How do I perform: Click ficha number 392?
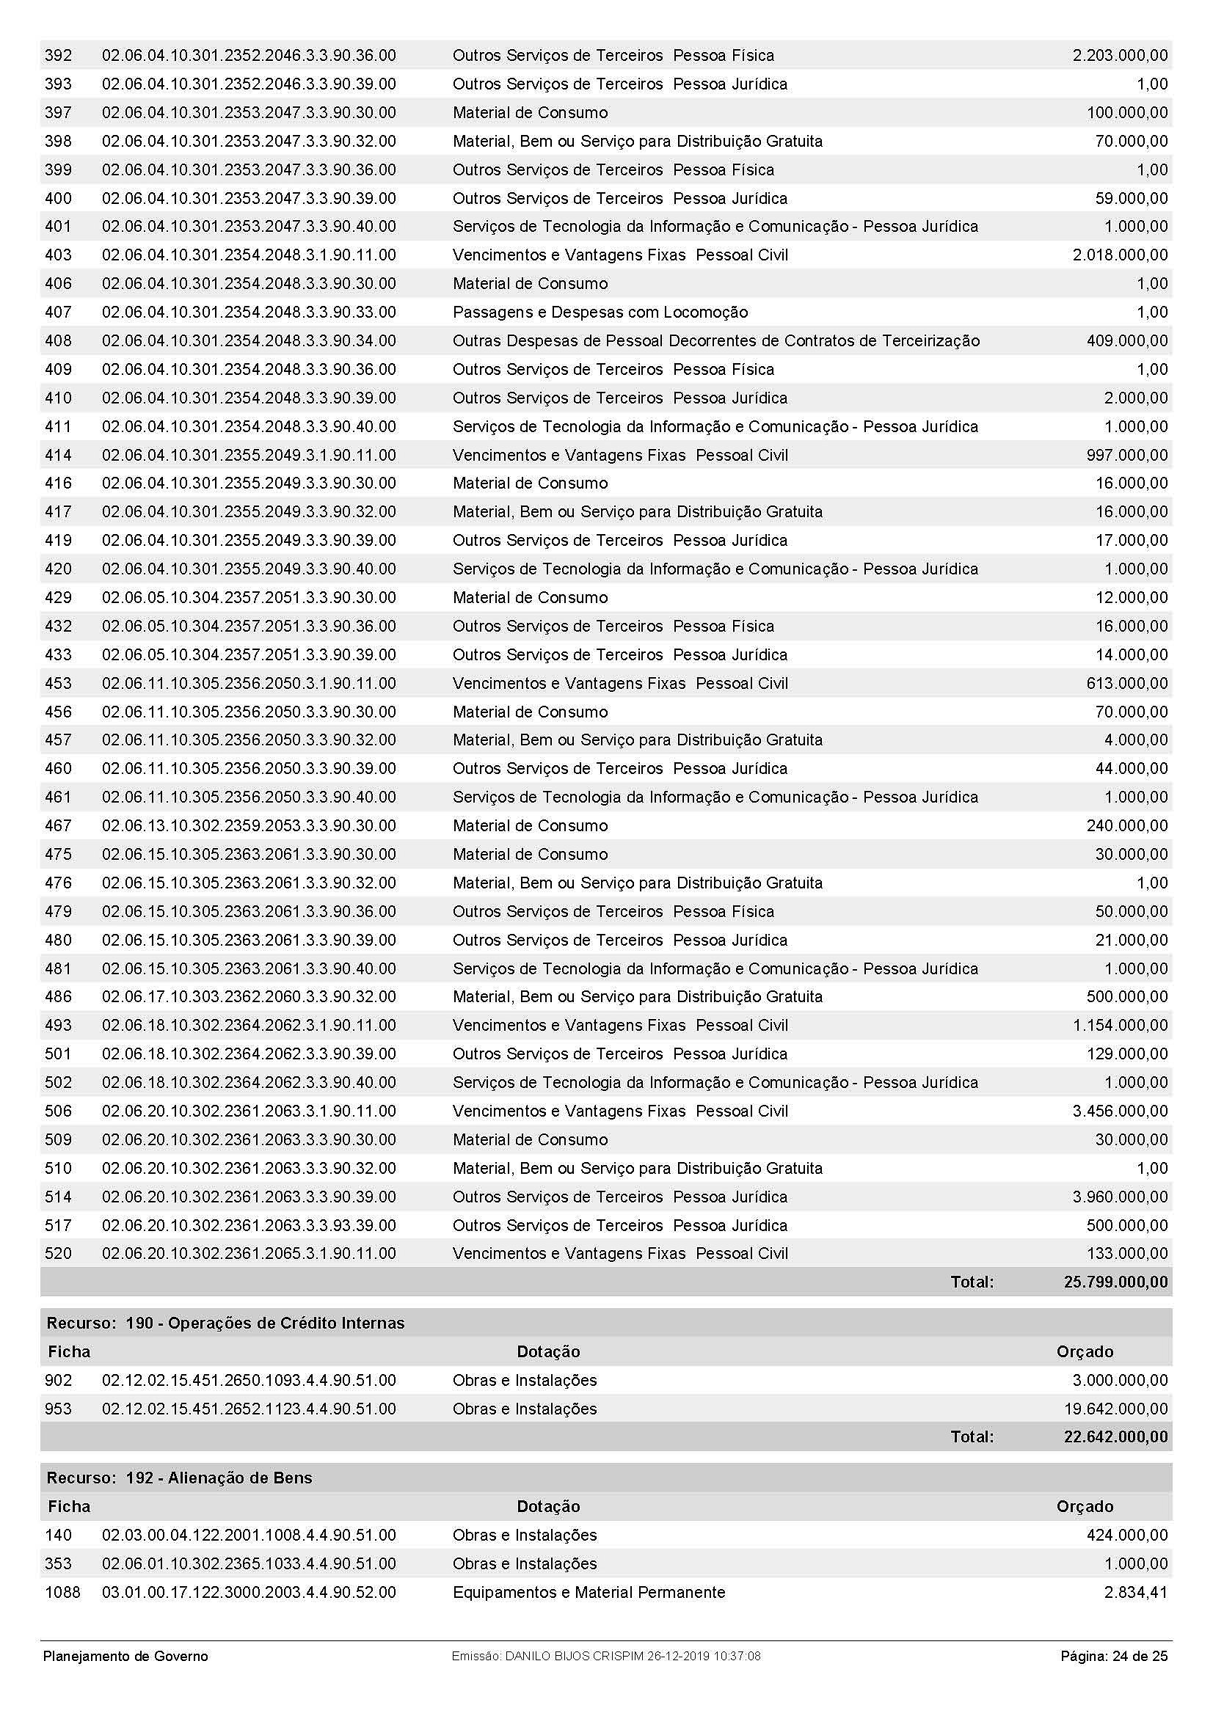[x=58, y=55]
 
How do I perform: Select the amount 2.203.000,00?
[x=1120, y=55]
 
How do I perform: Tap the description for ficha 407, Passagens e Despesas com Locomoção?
[x=600, y=313]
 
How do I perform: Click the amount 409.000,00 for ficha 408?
[x=1127, y=341]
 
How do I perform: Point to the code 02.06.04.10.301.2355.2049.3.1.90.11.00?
[x=249, y=455]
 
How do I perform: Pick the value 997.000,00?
[x=1127, y=455]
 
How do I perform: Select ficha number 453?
[x=58, y=683]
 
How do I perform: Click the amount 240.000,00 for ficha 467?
[x=1127, y=826]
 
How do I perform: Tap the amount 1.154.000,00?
[x=1120, y=1026]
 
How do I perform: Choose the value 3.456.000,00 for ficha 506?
[x=1120, y=1111]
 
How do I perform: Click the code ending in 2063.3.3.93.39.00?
[x=249, y=1226]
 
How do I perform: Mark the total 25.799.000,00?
[x=1115, y=1282]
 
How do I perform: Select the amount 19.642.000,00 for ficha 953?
[x=1116, y=1409]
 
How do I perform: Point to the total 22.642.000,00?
[x=1115, y=1437]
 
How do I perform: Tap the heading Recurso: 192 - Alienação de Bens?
[x=179, y=1478]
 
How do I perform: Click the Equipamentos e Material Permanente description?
[x=589, y=1593]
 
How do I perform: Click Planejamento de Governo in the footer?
[x=125, y=1657]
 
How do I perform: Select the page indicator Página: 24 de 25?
[x=1114, y=1657]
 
